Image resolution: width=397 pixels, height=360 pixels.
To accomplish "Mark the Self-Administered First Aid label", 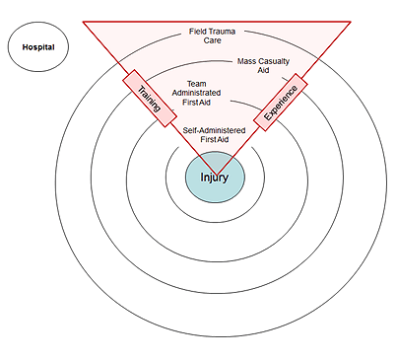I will tap(214, 134).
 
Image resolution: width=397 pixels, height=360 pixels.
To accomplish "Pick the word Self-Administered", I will tap(214, 129).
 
